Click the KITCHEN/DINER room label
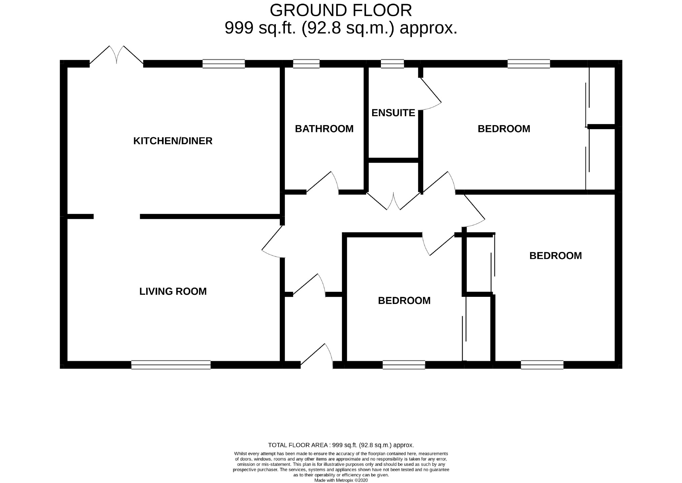[173, 141]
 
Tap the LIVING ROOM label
[173, 291]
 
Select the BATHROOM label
[324, 129]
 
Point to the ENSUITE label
[393, 113]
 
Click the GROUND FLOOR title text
[340, 10]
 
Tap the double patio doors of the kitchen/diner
[117, 56]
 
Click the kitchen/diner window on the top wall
[224, 64]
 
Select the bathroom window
[306, 64]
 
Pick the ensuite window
[392, 64]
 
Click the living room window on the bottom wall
[171, 365]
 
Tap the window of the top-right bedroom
[528, 64]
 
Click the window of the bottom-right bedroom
[542, 365]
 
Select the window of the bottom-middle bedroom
[404, 365]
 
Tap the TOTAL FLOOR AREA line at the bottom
[341, 445]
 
